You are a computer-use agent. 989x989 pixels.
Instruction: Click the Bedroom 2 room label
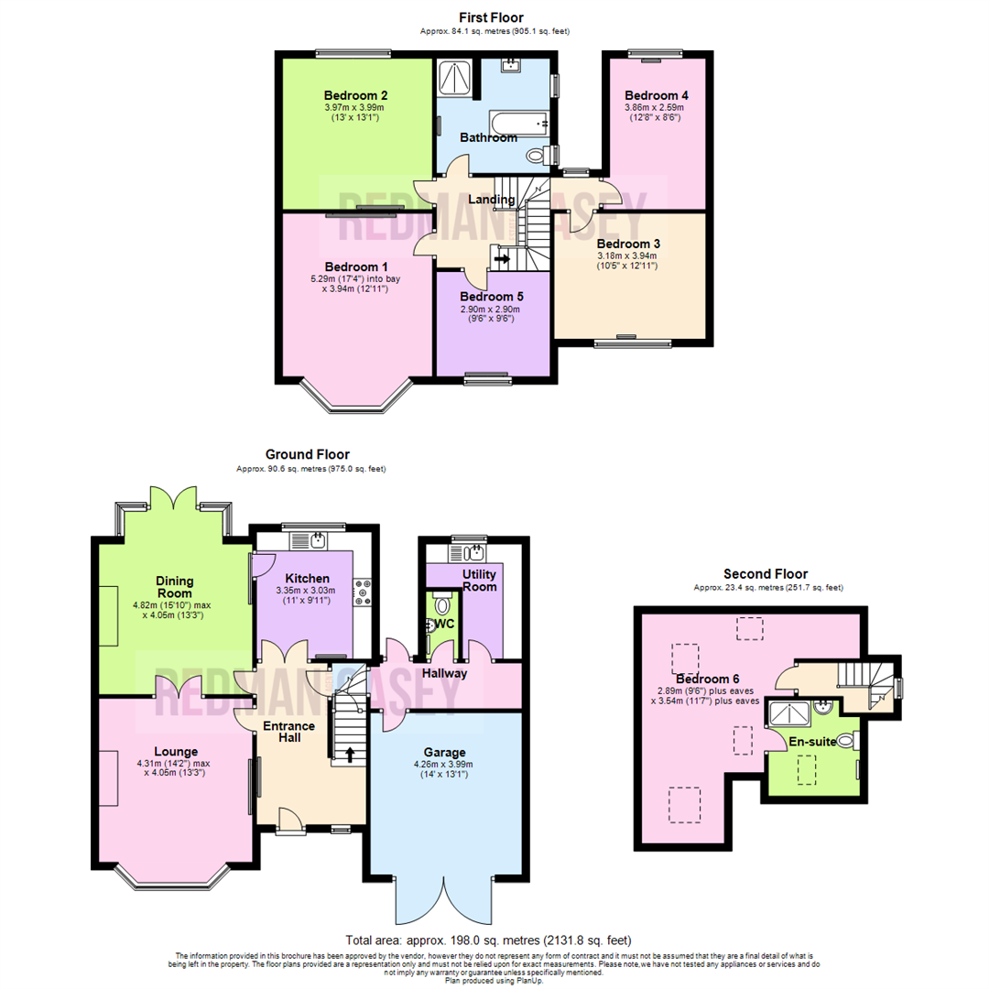[356, 95]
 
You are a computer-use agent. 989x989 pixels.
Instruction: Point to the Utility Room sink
[473, 552]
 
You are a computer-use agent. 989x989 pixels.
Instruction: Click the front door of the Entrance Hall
[290, 821]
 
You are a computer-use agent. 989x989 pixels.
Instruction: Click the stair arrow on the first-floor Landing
[502, 259]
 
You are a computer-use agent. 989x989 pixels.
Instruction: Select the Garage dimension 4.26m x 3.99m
[445, 764]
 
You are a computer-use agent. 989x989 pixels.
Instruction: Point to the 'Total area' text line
[488, 940]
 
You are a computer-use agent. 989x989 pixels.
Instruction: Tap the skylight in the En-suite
[805, 769]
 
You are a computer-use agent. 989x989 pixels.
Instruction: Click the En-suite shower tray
[789, 712]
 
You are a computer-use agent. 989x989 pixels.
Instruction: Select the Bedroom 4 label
[656, 95]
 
